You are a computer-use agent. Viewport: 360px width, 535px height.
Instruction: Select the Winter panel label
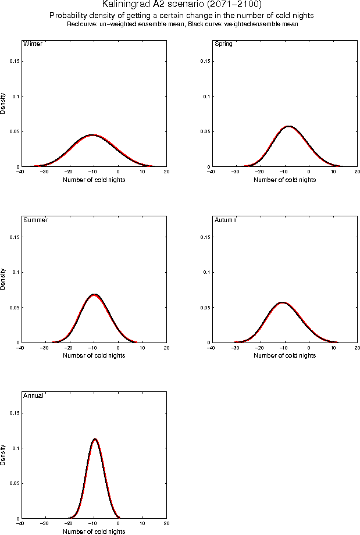(x=32, y=44)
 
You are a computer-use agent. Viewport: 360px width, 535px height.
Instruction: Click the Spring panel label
(x=223, y=44)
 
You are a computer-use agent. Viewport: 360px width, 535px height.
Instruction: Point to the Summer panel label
(x=35, y=220)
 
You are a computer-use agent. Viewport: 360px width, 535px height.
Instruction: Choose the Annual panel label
(x=33, y=396)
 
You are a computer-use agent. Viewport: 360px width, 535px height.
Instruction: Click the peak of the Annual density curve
(x=94, y=439)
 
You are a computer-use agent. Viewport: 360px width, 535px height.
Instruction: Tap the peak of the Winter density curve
(x=92, y=135)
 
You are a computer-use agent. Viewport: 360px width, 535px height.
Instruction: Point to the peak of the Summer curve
(x=94, y=295)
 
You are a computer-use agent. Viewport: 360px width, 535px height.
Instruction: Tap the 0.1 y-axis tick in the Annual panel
(x=15, y=448)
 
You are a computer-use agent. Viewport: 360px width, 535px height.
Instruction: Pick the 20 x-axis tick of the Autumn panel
(x=357, y=348)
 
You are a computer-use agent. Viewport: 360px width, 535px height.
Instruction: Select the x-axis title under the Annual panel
(x=94, y=531)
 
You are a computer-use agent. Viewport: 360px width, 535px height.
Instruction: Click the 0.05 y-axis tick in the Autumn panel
(x=204, y=307)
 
